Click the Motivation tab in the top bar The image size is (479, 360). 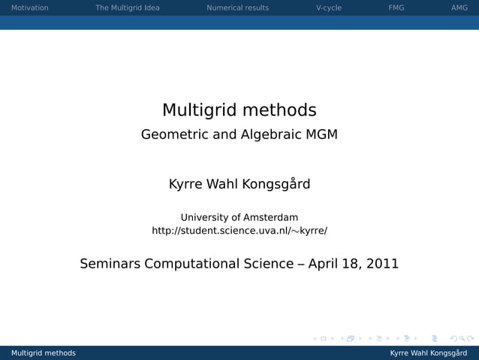(29, 8)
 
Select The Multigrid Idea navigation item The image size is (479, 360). (128, 8)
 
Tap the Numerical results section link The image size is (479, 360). (237, 8)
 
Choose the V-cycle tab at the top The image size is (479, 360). (329, 8)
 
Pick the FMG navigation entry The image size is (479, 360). (396, 8)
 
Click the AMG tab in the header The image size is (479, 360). (459, 8)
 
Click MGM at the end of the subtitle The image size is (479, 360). (322, 135)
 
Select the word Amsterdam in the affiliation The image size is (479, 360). (265, 217)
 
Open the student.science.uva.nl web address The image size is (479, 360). (239, 231)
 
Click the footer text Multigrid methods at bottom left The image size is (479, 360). (43, 353)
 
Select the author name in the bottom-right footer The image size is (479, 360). (428, 353)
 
